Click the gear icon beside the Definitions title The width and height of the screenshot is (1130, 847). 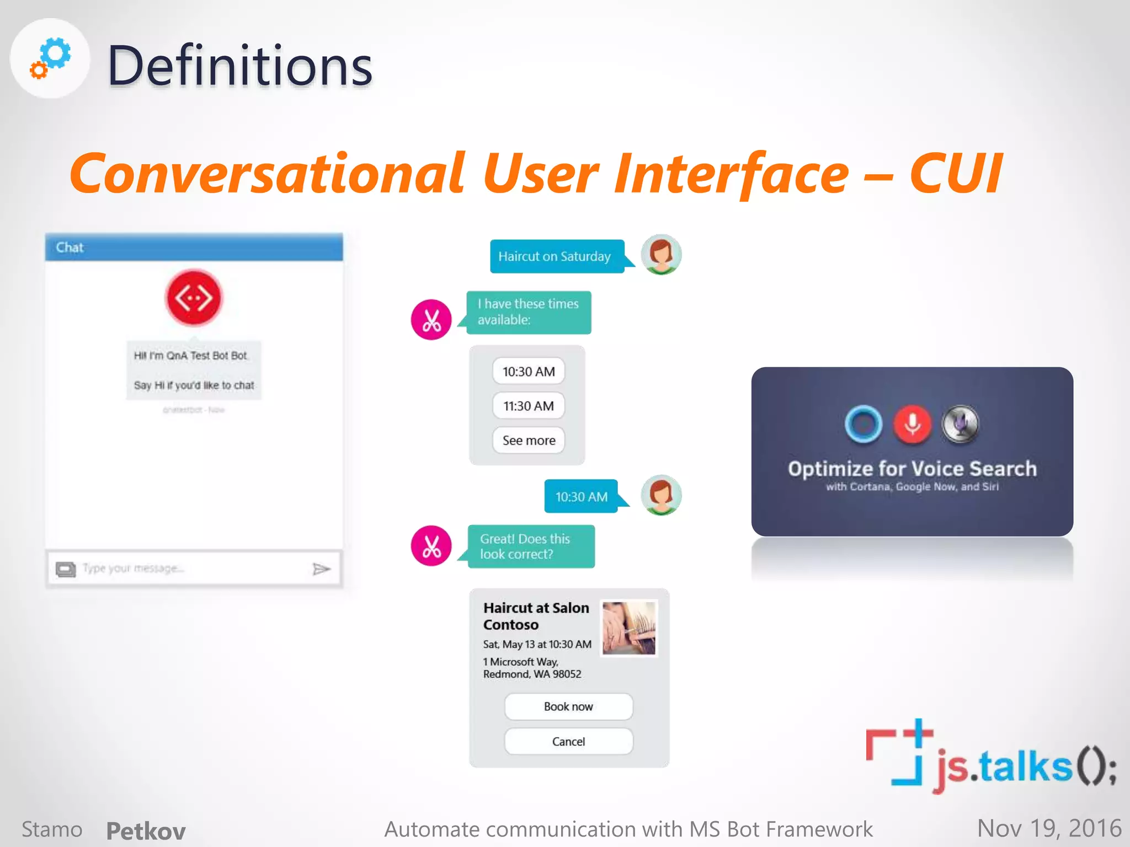click(x=51, y=58)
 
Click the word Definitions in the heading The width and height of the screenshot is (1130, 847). click(x=239, y=66)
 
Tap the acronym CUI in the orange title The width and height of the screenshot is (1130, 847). click(x=955, y=174)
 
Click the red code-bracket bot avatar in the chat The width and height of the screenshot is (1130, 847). click(x=194, y=298)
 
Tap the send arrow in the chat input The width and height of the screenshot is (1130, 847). click(x=321, y=569)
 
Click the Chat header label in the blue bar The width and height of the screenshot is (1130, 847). click(x=70, y=248)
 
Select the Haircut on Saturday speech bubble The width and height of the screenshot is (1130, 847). click(x=555, y=256)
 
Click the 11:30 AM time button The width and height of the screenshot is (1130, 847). click(x=528, y=406)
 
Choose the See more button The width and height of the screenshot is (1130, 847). click(x=528, y=440)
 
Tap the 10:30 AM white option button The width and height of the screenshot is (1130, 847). click(x=528, y=372)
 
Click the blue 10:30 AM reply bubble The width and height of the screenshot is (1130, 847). click(x=581, y=496)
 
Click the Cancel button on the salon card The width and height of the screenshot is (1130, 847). click(x=568, y=741)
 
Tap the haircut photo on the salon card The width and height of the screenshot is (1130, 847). click(x=629, y=628)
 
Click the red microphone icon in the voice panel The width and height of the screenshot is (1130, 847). click(x=912, y=424)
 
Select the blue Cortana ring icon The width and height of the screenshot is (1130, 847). click(x=864, y=424)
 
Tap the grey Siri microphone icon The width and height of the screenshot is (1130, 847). click(x=961, y=424)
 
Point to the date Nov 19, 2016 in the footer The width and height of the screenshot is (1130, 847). click(x=1048, y=828)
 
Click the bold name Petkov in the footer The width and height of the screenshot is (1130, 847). click(x=146, y=830)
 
